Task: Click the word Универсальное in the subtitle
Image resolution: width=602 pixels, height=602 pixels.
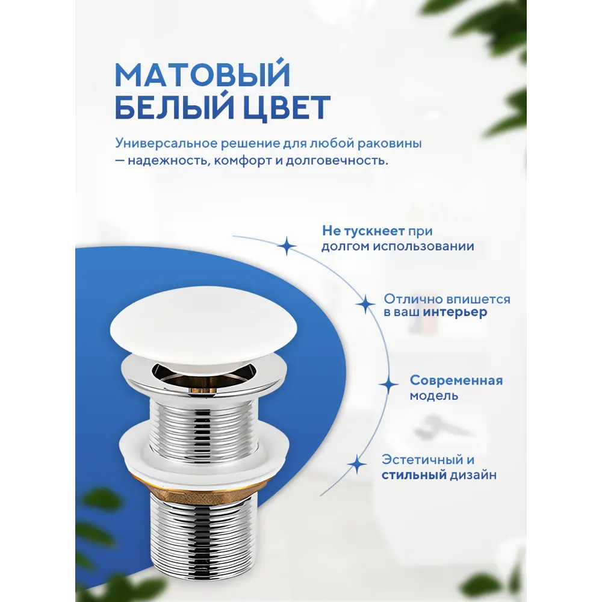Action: click(166, 143)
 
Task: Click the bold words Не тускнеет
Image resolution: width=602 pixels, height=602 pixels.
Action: click(363, 231)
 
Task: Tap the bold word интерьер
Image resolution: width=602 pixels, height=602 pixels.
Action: click(455, 312)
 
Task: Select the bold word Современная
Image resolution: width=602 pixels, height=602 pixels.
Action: click(456, 380)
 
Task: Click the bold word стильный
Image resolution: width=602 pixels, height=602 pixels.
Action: click(414, 475)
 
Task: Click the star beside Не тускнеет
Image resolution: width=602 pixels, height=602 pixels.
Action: click(287, 246)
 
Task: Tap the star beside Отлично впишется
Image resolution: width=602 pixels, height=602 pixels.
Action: click(365, 304)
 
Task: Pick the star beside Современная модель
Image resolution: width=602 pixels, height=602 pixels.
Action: click(388, 385)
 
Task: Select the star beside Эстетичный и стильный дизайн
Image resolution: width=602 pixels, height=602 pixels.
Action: click(357, 465)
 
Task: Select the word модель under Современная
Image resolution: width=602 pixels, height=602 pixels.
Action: click(434, 396)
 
